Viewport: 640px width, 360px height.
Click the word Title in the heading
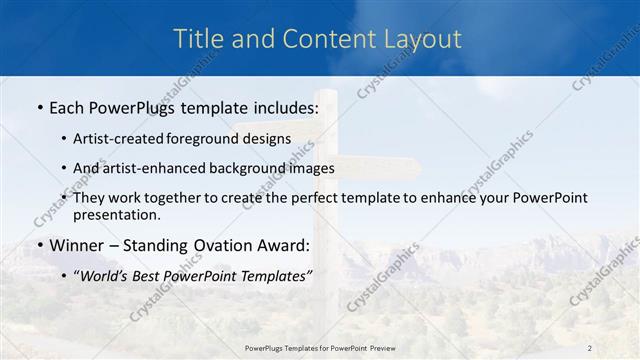tap(197, 39)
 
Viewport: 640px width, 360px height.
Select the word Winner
tap(74, 245)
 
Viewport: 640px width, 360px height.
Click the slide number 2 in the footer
tap(589, 348)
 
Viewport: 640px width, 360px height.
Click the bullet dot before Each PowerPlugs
tap(38, 107)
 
